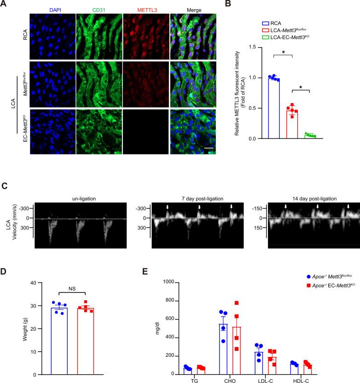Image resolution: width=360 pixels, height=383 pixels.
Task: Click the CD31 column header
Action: [99, 9]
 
